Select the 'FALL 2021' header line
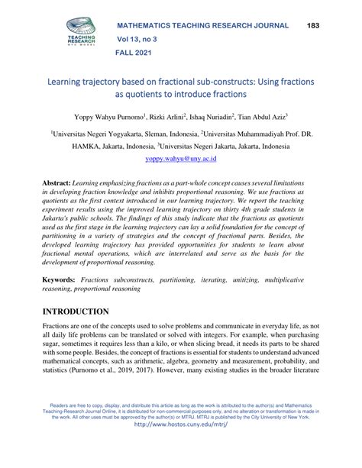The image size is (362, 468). coord(134,54)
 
